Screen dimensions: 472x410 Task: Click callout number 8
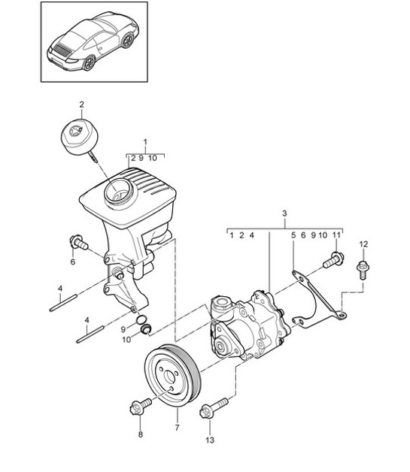pyautogui.click(x=139, y=434)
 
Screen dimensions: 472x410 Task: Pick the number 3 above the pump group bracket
pyautogui.click(x=285, y=214)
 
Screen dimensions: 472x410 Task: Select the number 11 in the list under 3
pyautogui.click(x=336, y=235)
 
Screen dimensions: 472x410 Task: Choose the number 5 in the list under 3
pyautogui.click(x=293, y=235)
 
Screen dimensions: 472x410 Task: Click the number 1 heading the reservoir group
pyautogui.click(x=145, y=141)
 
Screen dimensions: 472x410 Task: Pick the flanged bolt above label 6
pyautogui.click(x=77, y=243)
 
